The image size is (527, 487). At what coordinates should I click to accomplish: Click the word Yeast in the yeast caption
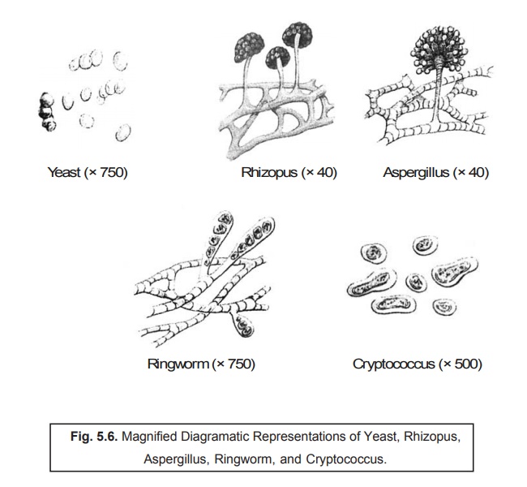click(x=64, y=172)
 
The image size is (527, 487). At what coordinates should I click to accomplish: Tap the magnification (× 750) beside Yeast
click(x=106, y=172)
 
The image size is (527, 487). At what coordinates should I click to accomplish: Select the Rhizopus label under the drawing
click(x=269, y=172)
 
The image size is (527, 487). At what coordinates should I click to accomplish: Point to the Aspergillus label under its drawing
click(x=416, y=172)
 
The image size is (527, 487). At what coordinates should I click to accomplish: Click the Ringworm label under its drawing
click(x=178, y=364)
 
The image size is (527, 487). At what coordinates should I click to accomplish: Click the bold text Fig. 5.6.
click(x=94, y=437)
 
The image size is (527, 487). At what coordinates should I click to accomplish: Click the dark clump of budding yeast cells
click(x=47, y=112)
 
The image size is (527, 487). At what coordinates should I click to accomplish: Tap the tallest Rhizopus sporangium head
click(x=298, y=35)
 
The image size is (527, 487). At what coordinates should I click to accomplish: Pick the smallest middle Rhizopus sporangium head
click(x=277, y=58)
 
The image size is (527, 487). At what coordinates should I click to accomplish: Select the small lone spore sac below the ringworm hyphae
click(x=244, y=326)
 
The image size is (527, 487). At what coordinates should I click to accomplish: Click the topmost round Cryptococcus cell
click(x=426, y=245)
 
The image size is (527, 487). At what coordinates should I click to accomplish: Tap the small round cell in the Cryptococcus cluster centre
click(x=416, y=282)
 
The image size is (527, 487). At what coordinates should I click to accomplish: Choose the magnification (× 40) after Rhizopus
click(x=319, y=172)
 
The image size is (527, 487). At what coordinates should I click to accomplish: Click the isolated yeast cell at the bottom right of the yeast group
click(x=123, y=132)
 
